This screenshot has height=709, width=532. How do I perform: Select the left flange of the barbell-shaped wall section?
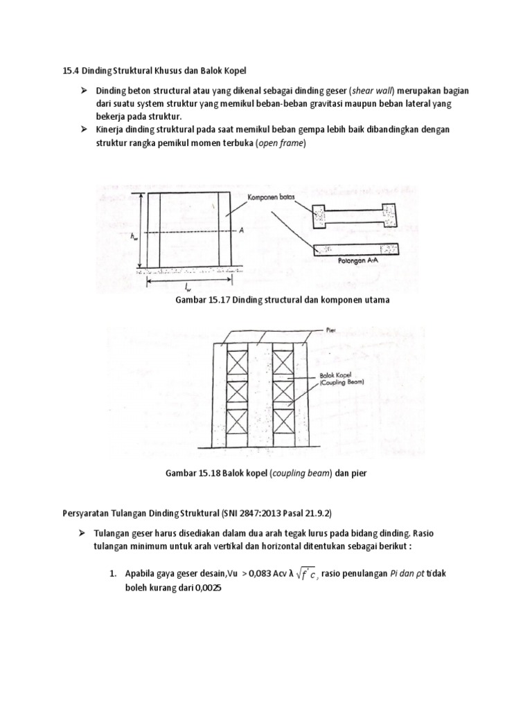(321, 216)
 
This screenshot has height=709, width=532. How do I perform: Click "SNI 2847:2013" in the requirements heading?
(248, 512)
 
